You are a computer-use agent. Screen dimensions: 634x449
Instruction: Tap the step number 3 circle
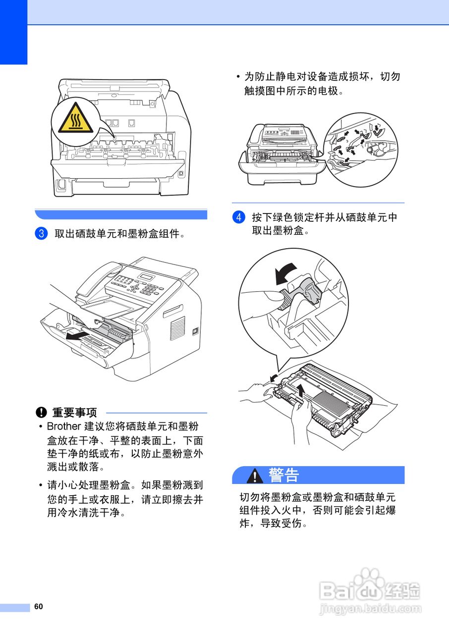[41, 233]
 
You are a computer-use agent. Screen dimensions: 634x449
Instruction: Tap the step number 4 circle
[238, 217]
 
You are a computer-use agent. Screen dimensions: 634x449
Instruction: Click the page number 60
[39, 607]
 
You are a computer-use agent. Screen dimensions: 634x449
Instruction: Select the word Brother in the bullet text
[63, 426]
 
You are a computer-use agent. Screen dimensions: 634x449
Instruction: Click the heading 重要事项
[74, 412]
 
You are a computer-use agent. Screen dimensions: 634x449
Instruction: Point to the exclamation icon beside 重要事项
[41, 412]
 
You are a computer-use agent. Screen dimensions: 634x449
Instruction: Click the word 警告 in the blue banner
[284, 475]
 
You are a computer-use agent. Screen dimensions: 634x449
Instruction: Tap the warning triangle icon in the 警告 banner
[255, 475]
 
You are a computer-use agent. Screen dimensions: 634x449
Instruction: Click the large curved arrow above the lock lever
[286, 273]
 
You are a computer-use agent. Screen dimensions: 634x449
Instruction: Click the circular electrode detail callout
[360, 150]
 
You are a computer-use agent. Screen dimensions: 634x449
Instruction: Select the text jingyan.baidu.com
[370, 609]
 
